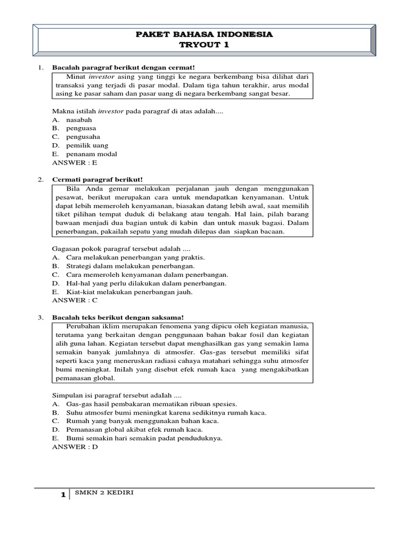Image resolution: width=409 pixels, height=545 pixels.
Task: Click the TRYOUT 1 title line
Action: coord(204,45)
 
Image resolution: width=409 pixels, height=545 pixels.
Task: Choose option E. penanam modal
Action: coord(85,154)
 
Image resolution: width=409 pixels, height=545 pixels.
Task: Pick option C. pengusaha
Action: coord(79,137)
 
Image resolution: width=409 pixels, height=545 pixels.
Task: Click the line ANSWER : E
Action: coord(75,162)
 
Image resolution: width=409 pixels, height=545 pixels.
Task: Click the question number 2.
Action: coord(40,179)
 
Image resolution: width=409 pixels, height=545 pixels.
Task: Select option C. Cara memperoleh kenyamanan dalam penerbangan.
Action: coord(140,274)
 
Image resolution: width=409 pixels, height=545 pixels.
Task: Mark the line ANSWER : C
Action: coord(75,300)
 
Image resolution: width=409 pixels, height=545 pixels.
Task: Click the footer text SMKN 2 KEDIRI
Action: coord(103,493)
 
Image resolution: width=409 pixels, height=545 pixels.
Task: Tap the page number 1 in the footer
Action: coord(63,495)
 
